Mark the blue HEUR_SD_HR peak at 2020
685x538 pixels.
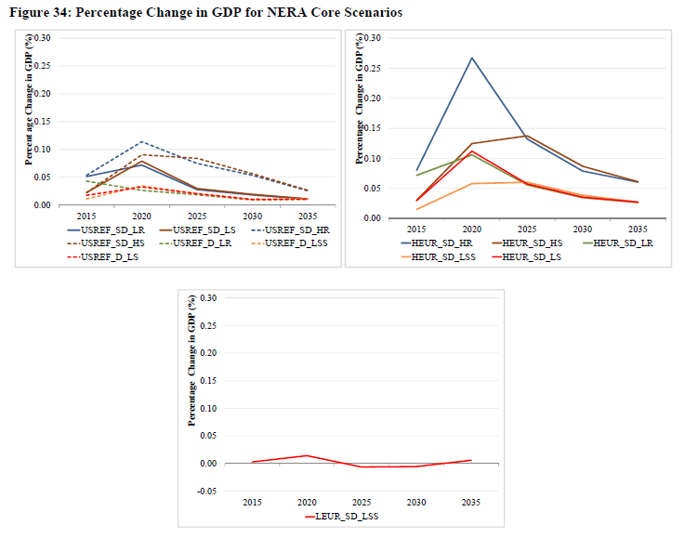pos(471,58)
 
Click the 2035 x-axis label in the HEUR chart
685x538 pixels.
pos(638,228)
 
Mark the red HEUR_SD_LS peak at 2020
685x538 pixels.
pos(471,151)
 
